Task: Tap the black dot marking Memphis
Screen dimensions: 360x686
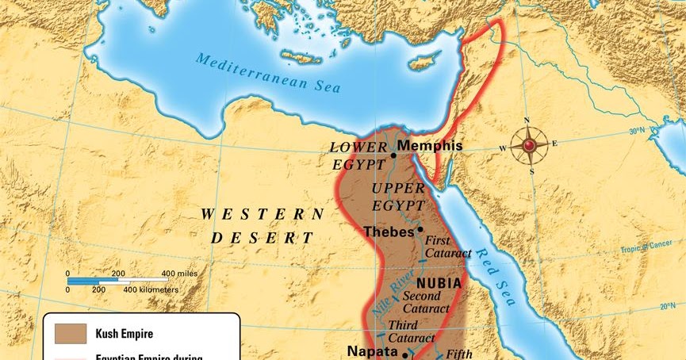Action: [393, 155]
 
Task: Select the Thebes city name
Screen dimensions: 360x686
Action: [389, 232]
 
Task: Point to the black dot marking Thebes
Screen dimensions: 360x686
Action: [420, 229]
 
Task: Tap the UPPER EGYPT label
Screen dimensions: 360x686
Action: [399, 197]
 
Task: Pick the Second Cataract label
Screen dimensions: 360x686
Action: [426, 302]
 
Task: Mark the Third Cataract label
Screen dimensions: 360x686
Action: [411, 331]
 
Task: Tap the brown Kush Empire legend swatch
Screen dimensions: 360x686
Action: [70, 332]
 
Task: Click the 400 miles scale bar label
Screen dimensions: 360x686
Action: [178, 274]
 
